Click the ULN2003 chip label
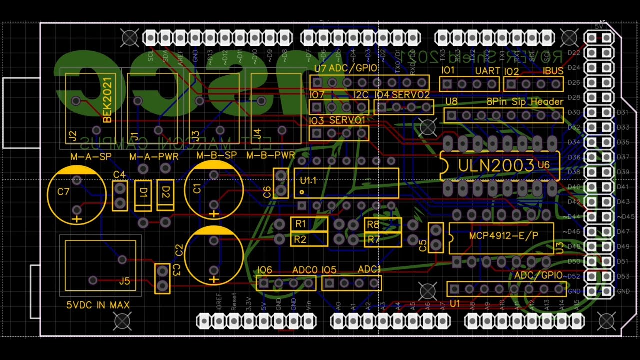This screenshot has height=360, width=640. [x=496, y=166]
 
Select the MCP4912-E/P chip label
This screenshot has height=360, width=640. [x=503, y=235]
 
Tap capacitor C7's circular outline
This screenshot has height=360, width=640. [x=77, y=195]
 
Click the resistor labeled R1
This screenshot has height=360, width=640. [x=309, y=224]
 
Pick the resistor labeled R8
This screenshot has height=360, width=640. [x=383, y=225]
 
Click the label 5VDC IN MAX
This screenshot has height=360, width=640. [x=98, y=305]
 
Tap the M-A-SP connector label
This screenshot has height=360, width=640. [x=91, y=156]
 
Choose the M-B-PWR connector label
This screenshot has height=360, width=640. [x=271, y=156]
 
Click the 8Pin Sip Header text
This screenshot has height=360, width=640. [x=525, y=102]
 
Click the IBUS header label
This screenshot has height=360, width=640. [x=553, y=71]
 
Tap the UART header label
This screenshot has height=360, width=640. [x=487, y=71]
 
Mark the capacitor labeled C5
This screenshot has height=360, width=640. [x=436, y=237]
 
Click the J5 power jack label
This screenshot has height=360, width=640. [x=124, y=281]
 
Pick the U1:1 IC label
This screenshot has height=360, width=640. [x=308, y=180]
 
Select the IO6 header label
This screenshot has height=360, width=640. [x=265, y=270]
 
